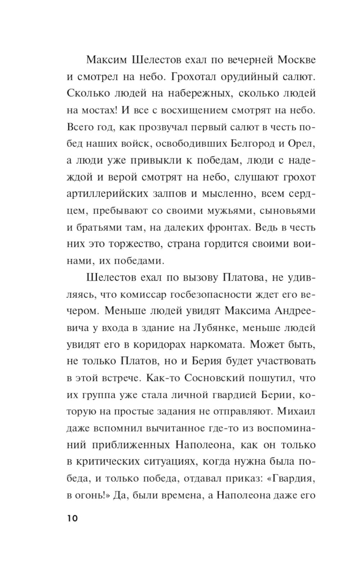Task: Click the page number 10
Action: [72, 518]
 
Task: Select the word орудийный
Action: [257, 76]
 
